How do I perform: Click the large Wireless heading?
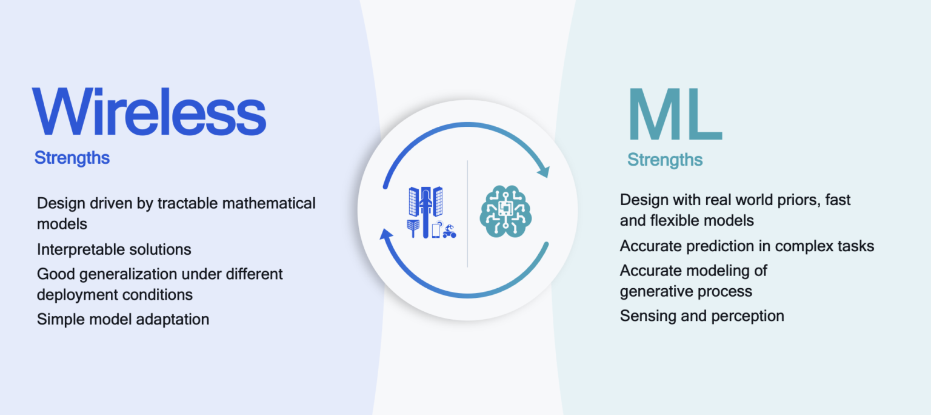(150, 113)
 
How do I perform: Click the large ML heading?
(674, 115)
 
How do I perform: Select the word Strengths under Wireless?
(72, 158)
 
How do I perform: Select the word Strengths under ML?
(665, 160)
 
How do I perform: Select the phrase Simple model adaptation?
(123, 319)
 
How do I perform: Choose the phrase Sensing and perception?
(702, 316)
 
